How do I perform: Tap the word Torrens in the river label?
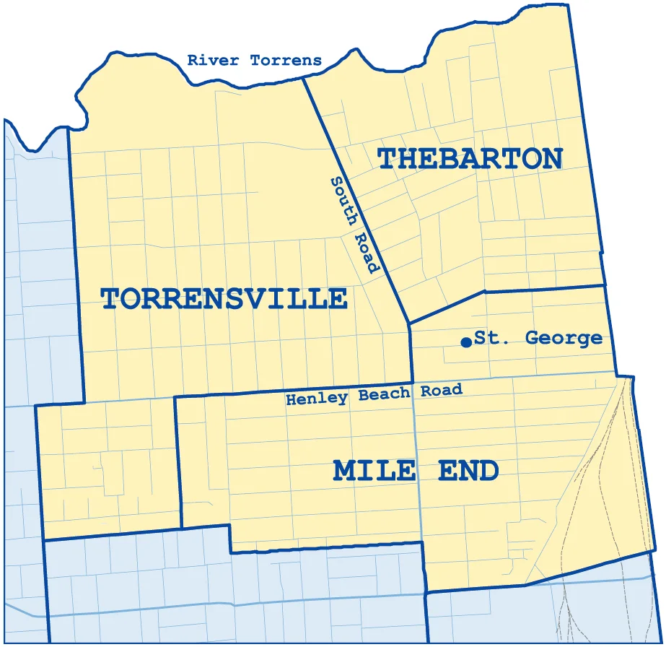[x=286, y=61]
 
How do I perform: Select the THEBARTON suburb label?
[x=470, y=158]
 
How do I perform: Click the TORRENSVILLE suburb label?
[x=224, y=298]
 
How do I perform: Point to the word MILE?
[x=374, y=471]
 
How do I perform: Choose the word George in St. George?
[x=563, y=338]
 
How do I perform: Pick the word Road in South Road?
[x=367, y=252]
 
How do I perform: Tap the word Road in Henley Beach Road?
[x=439, y=391]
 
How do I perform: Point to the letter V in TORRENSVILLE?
[x=274, y=298]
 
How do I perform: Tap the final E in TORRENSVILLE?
[x=337, y=298]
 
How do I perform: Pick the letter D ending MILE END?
[x=488, y=471]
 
